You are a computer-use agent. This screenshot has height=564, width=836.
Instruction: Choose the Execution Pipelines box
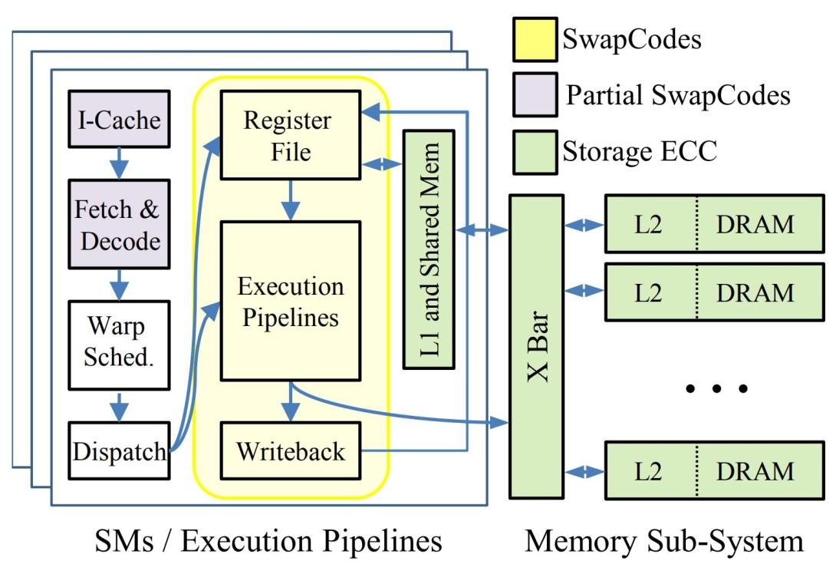point(289,300)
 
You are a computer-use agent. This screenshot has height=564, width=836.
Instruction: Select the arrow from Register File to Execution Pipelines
point(289,201)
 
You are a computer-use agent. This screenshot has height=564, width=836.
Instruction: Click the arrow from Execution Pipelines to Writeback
point(289,401)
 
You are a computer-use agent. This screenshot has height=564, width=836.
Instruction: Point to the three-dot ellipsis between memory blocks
point(716,389)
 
